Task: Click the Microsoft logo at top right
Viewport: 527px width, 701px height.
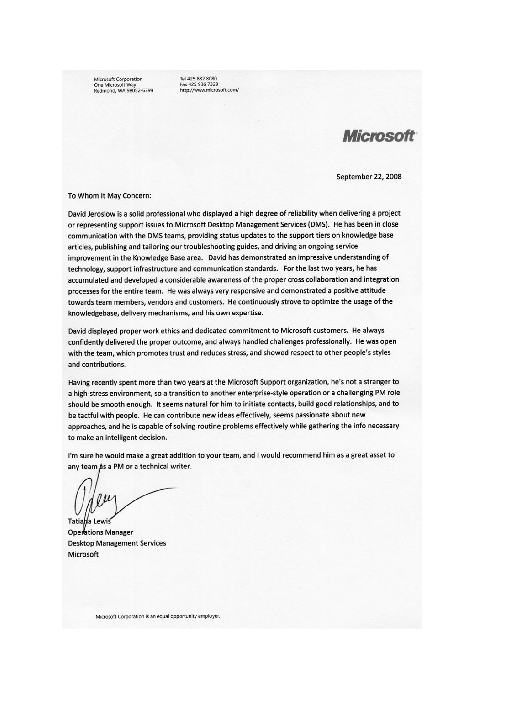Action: [378, 136]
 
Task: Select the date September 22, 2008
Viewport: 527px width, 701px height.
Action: [369, 177]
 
